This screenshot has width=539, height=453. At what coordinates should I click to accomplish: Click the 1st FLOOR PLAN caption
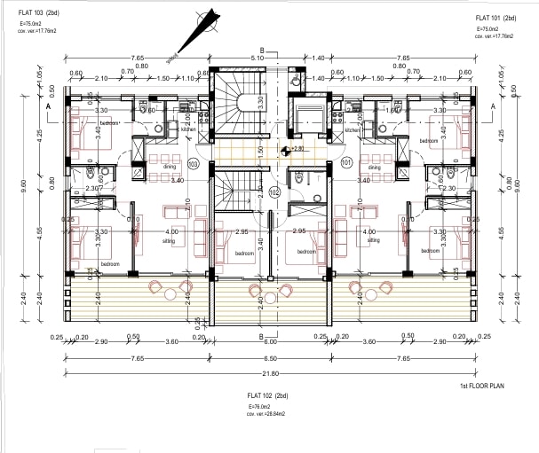[483, 387]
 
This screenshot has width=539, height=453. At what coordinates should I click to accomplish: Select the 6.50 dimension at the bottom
[270, 358]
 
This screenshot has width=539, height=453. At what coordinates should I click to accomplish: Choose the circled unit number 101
[346, 163]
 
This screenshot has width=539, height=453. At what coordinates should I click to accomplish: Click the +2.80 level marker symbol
[286, 149]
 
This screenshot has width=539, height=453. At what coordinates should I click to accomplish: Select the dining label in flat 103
[169, 166]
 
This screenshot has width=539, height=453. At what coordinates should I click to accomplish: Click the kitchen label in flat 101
[351, 130]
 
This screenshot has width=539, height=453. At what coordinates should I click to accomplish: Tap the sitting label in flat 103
[169, 239]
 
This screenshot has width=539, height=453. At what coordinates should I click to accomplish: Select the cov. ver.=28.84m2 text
[268, 414]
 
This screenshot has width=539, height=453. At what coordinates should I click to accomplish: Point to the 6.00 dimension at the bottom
[270, 341]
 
